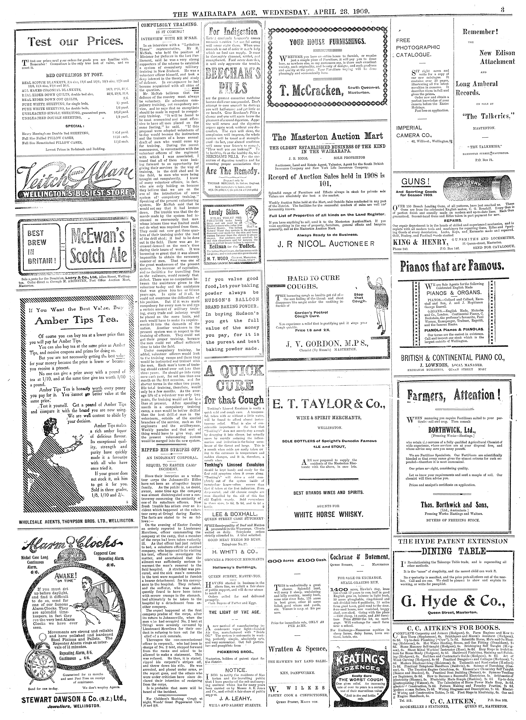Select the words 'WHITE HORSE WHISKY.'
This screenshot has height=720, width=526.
tap(328, 514)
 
